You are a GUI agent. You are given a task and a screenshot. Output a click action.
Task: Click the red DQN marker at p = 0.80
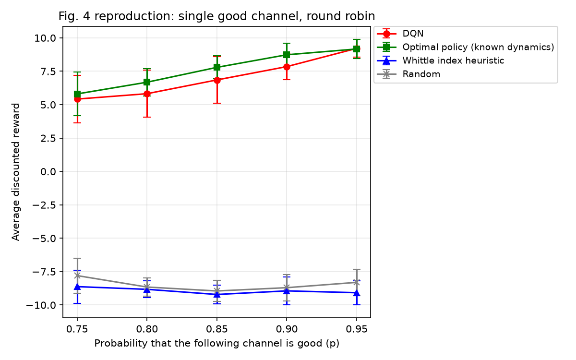point(147,94)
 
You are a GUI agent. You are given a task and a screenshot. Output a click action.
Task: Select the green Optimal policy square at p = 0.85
point(217,67)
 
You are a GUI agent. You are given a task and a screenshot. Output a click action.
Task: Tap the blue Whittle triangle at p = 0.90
point(287,291)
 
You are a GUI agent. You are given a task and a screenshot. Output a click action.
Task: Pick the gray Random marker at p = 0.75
point(77,276)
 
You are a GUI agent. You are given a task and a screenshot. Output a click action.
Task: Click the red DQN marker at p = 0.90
point(287,67)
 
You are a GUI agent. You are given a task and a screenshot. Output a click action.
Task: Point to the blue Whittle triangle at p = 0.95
point(356,293)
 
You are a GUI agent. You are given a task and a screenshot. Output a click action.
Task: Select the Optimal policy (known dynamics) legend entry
point(466,47)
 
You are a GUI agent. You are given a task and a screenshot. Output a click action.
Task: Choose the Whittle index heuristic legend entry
point(441,60)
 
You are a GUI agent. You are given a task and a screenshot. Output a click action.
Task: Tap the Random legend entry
point(408,74)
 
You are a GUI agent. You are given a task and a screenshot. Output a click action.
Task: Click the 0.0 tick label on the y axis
point(48,171)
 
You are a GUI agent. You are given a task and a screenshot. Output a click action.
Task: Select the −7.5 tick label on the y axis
point(44,272)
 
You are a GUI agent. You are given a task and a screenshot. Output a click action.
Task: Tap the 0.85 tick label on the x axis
point(217,329)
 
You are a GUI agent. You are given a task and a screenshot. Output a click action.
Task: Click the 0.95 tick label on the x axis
point(356,329)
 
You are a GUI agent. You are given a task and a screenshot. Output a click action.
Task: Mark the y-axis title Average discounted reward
point(15,172)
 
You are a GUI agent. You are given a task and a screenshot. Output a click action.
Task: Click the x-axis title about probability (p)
point(217,344)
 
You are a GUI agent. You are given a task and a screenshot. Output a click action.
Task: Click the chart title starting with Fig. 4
point(216,16)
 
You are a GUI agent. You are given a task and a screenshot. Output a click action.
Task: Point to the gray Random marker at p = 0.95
point(356,282)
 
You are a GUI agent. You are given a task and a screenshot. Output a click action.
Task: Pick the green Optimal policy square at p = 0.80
point(147,82)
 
